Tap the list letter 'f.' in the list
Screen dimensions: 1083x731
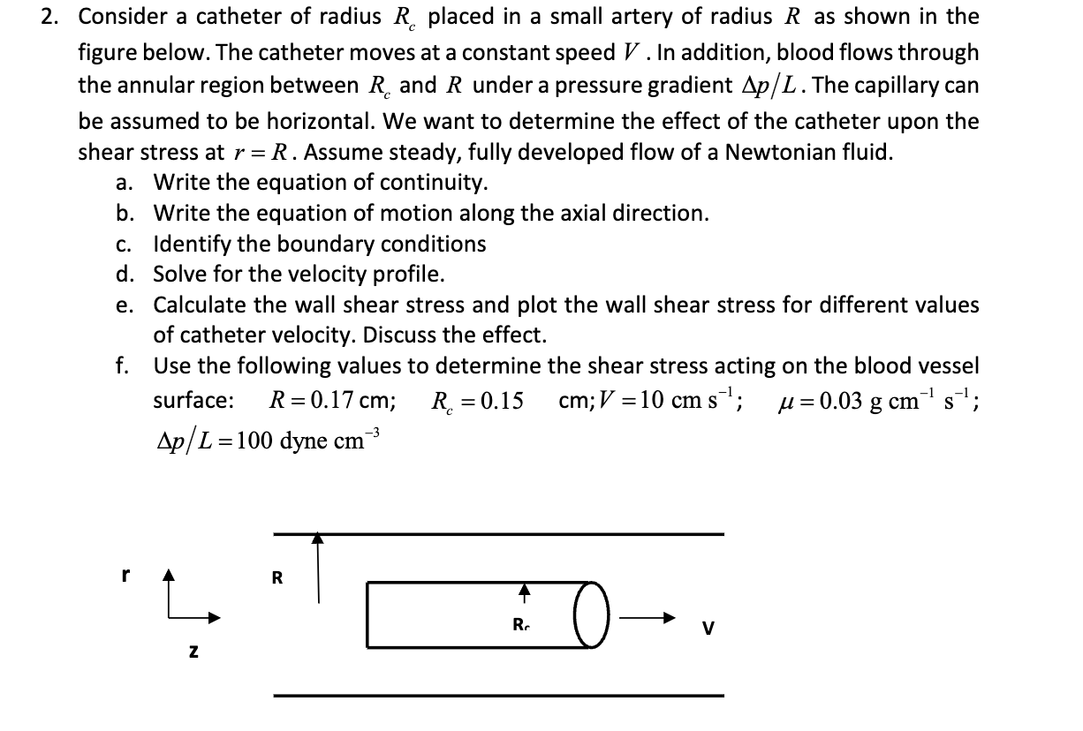[x=125, y=365]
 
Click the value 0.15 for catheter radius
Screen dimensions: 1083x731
[x=498, y=400]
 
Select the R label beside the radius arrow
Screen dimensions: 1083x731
[x=277, y=579]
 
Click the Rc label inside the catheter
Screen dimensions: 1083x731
[x=521, y=626]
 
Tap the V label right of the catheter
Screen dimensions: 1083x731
[x=707, y=629]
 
